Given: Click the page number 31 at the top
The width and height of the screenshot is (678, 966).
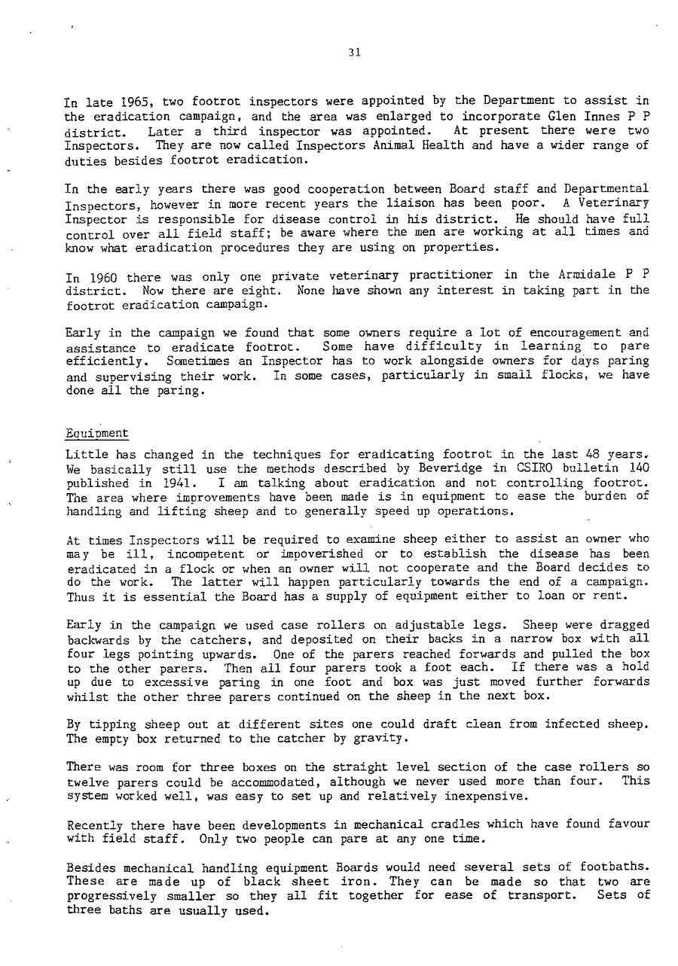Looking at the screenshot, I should coord(356,53).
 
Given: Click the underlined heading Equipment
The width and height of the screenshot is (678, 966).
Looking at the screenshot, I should coord(97,434).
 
